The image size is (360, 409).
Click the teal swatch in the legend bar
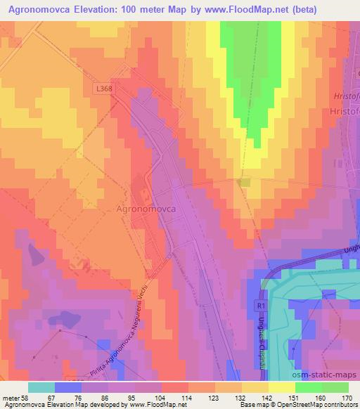(41, 387)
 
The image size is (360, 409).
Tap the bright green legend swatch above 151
(309, 387)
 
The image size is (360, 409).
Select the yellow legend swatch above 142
(282, 387)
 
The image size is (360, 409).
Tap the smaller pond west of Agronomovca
(32, 249)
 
